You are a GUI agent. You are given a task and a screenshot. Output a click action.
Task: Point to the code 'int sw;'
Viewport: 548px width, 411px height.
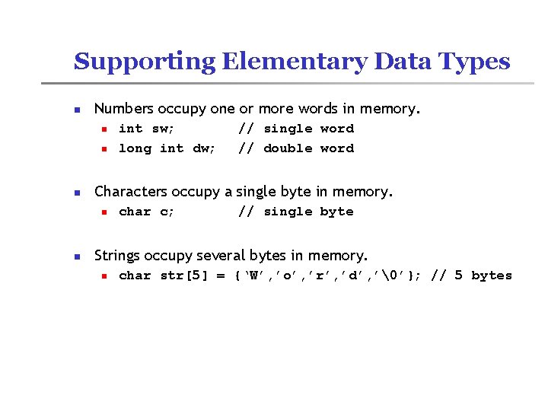pyautogui.click(x=147, y=129)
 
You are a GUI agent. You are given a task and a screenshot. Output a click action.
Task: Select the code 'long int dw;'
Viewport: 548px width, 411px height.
pyautogui.click(x=167, y=148)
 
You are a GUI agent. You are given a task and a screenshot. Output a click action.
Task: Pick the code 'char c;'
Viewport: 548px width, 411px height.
pyautogui.click(x=147, y=212)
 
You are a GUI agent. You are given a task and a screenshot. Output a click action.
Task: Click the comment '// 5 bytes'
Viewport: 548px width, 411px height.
pyautogui.click(x=471, y=276)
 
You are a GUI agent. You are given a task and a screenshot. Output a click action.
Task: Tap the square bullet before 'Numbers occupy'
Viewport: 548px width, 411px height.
pyautogui.click(x=77, y=110)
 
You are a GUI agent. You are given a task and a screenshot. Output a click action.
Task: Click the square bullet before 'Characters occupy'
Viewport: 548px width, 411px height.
pyautogui.click(x=77, y=193)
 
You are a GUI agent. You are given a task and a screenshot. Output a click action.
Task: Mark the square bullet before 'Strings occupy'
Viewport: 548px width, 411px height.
pyautogui.click(x=77, y=256)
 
